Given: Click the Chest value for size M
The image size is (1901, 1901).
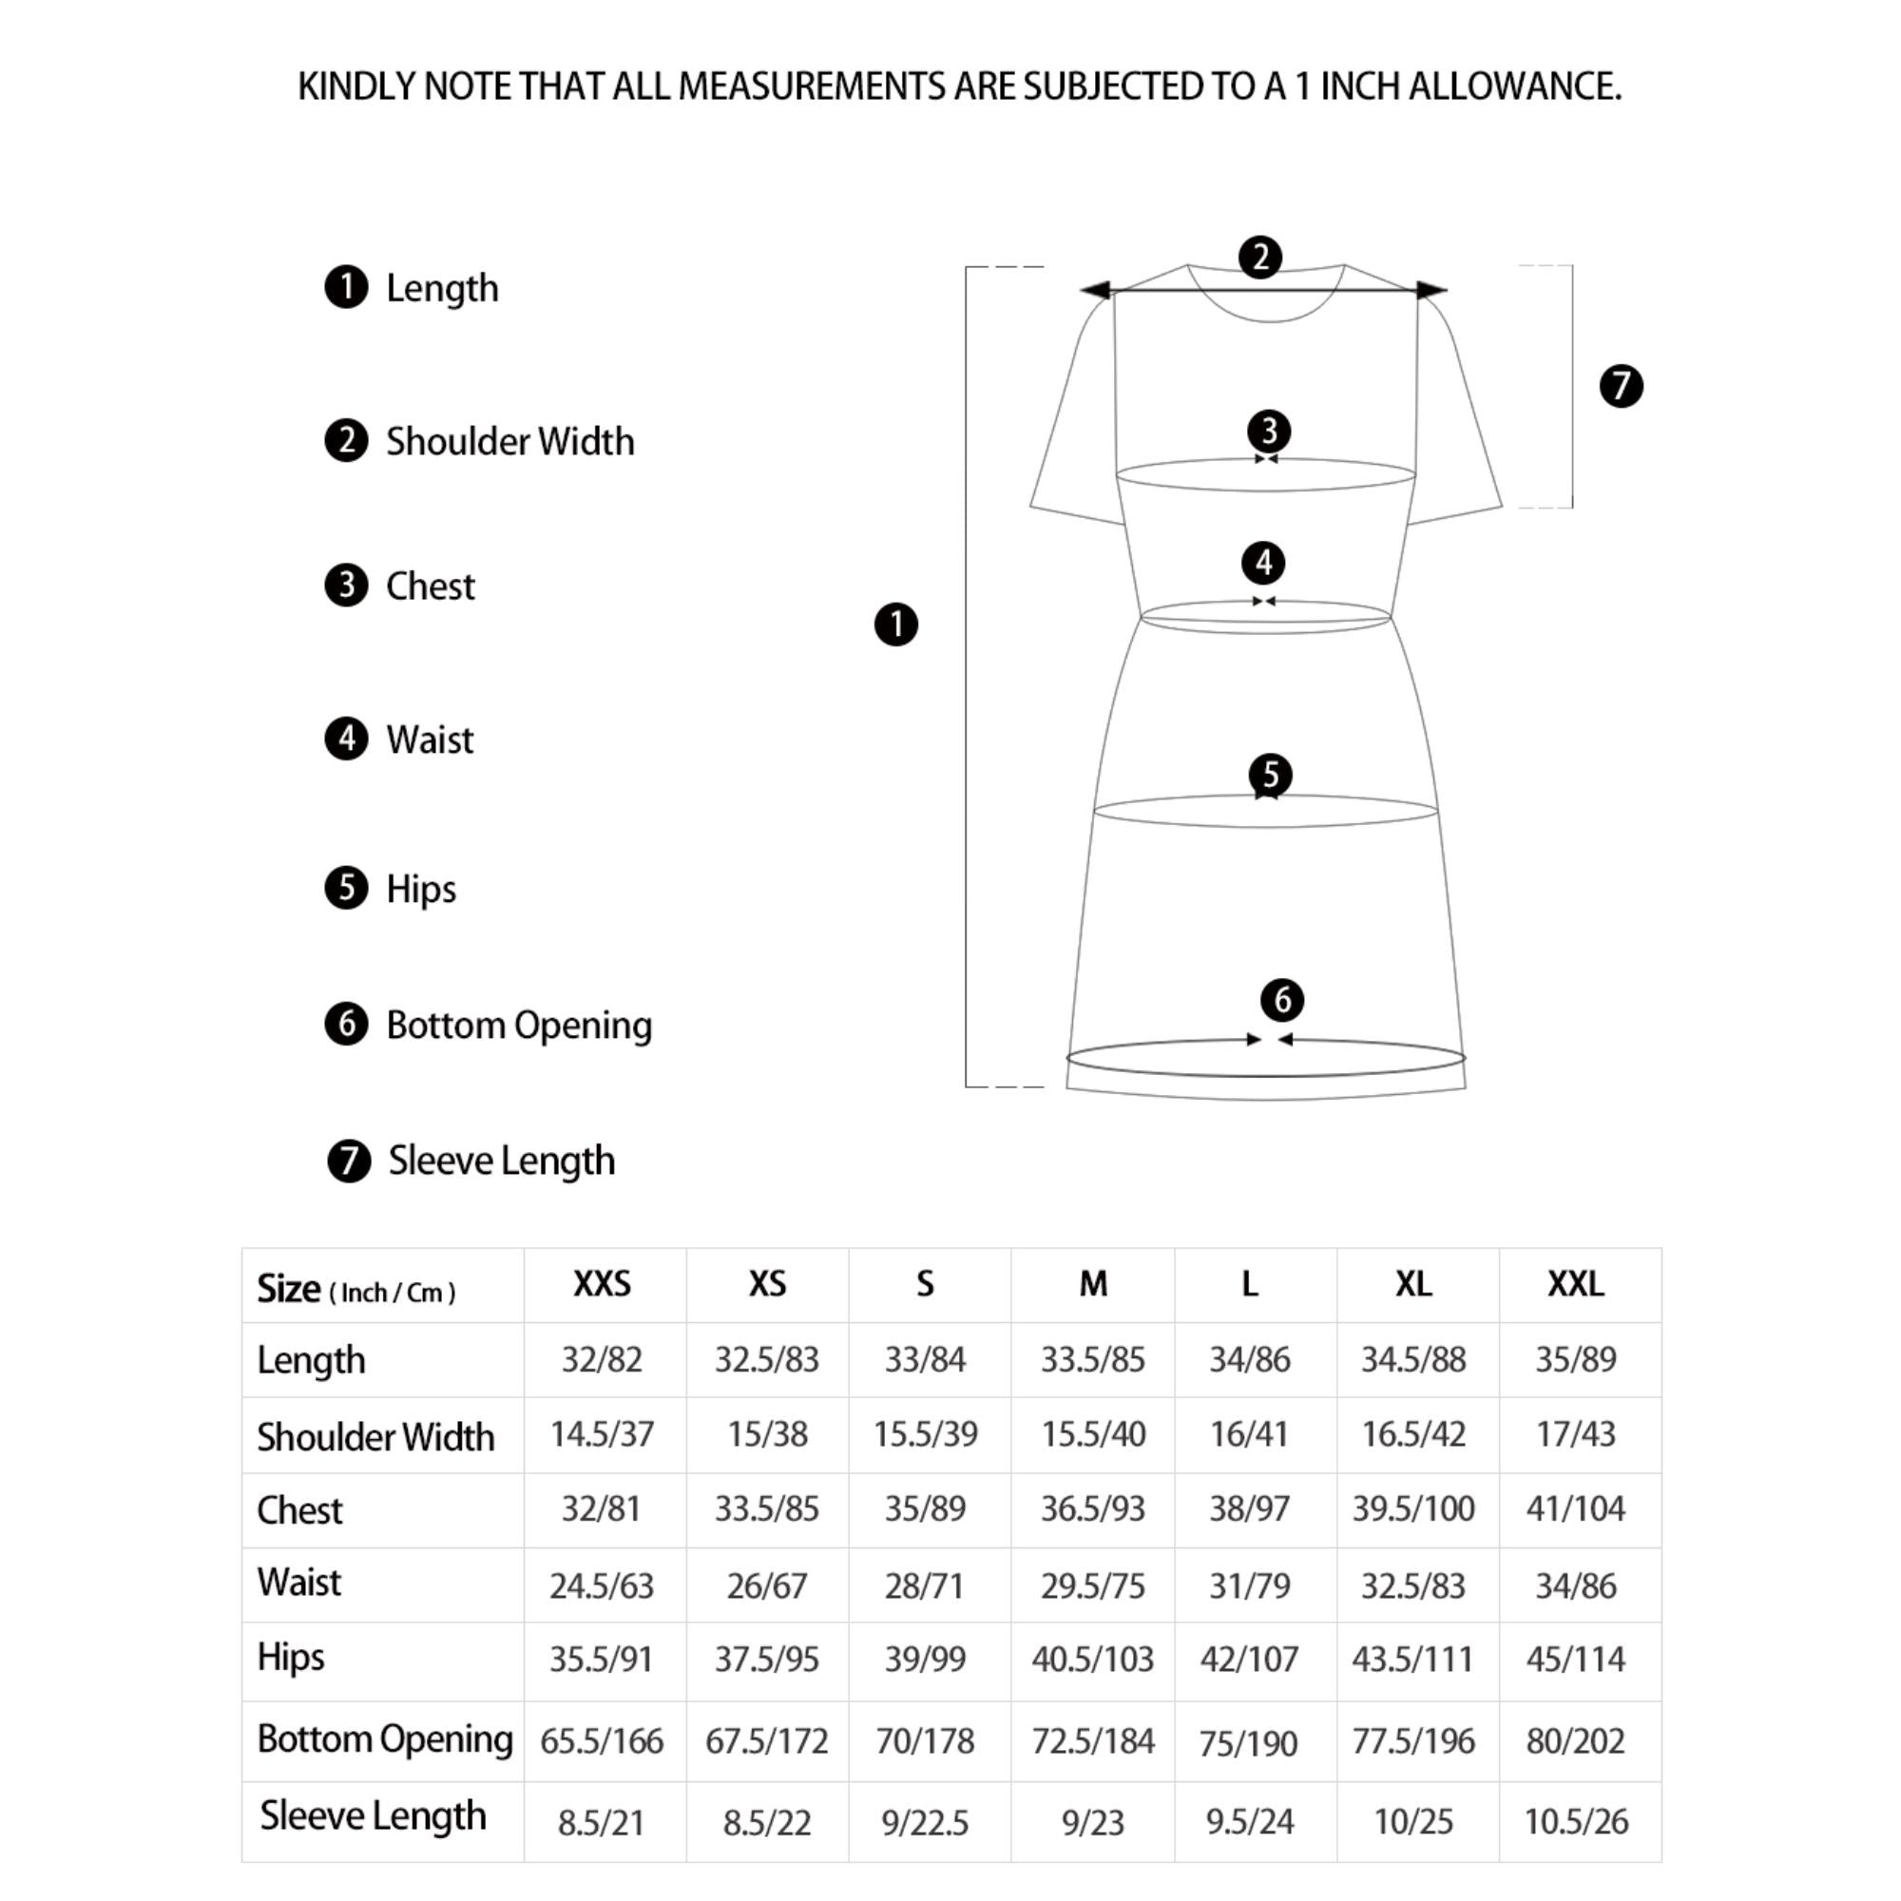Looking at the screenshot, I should coord(1092,1508).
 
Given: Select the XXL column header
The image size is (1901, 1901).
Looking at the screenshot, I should coord(1575,1283).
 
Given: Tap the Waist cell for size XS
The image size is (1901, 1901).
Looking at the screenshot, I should coord(766,1585).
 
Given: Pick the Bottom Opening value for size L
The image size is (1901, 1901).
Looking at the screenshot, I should coord(1248,1742).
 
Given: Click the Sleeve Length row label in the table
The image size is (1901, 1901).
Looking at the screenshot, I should coord(373,1816).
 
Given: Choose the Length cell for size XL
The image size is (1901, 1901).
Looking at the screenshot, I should coord(1413,1359).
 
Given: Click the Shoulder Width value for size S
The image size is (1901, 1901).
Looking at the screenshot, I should coord(925,1433).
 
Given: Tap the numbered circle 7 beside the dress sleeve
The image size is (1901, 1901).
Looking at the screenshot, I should coord(1621,386).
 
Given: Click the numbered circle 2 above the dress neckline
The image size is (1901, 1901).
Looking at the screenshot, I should coord(1260,257).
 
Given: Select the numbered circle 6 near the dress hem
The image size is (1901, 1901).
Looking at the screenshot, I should coord(1282,1000).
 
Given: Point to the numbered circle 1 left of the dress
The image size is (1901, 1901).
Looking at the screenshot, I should coord(895,624).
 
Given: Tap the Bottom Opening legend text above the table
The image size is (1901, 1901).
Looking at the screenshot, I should coord(519,1026).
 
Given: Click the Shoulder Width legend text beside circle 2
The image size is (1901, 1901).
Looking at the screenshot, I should coord(509,442).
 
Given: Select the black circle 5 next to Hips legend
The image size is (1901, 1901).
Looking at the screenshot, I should coord(346,888).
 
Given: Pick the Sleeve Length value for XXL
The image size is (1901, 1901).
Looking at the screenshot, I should coord(1575,1821).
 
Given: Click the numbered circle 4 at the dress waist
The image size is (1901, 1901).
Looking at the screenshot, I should coord(1263,563).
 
